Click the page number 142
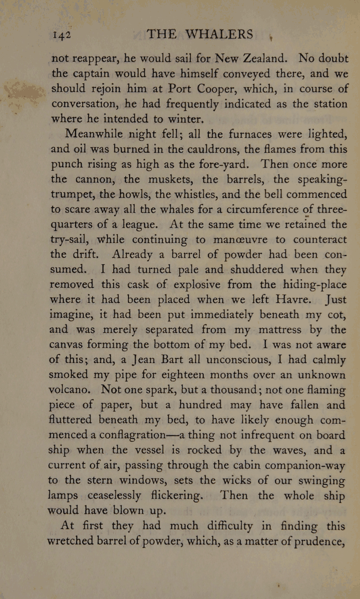pos(65,34)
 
